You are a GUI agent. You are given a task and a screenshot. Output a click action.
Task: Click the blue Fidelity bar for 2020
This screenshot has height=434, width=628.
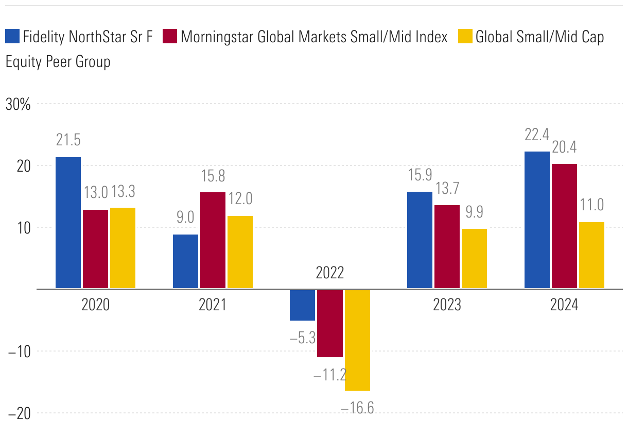tap(68, 223)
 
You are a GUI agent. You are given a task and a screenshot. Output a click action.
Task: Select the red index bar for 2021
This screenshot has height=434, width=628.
tap(213, 240)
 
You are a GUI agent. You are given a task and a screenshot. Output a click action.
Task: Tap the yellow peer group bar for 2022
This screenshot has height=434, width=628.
tap(357, 340)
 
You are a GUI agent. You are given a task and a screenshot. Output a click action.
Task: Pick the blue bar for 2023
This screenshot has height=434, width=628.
tap(420, 240)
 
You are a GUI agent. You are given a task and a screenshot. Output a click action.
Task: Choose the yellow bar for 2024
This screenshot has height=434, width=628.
tap(591, 255)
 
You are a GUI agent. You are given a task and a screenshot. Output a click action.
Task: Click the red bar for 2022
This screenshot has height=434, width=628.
tap(330, 323)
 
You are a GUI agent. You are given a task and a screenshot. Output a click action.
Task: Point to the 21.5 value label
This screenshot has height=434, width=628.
tap(68, 140)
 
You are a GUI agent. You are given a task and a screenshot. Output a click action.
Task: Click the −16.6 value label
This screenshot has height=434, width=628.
tap(357, 408)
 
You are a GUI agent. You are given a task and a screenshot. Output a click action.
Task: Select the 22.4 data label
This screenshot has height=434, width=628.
tap(536, 135)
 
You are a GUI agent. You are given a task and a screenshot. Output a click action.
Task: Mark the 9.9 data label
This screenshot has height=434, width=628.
tap(474, 211)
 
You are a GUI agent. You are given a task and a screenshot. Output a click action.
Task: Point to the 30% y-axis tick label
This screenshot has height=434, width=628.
tap(19, 105)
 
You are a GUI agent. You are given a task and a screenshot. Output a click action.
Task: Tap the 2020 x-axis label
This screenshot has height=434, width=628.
tap(95, 305)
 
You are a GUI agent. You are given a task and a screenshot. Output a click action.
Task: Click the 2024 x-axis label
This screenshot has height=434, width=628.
tap(564, 305)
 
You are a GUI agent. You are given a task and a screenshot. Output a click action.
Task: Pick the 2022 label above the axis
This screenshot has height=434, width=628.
tap(330, 273)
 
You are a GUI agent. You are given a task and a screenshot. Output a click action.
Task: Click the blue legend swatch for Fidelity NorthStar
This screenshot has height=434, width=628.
tap(12, 37)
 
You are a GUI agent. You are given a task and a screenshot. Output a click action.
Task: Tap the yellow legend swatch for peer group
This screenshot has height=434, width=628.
tap(464, 37)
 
